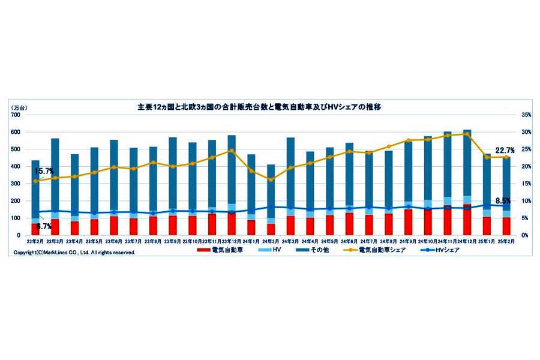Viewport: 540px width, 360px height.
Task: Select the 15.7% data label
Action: click(x=44, y=171)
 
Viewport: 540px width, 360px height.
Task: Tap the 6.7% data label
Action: click(x=44, y=227)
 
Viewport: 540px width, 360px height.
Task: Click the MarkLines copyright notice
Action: click(x=74, y=253)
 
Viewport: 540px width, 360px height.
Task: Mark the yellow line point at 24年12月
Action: click(x=466, y=134)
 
